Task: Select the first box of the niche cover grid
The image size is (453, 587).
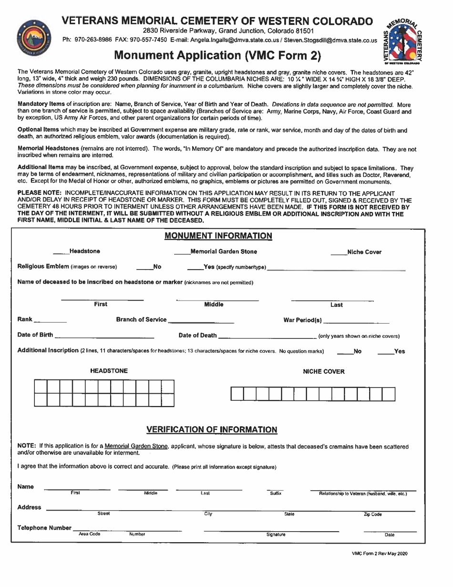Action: (x=237, y=394)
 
